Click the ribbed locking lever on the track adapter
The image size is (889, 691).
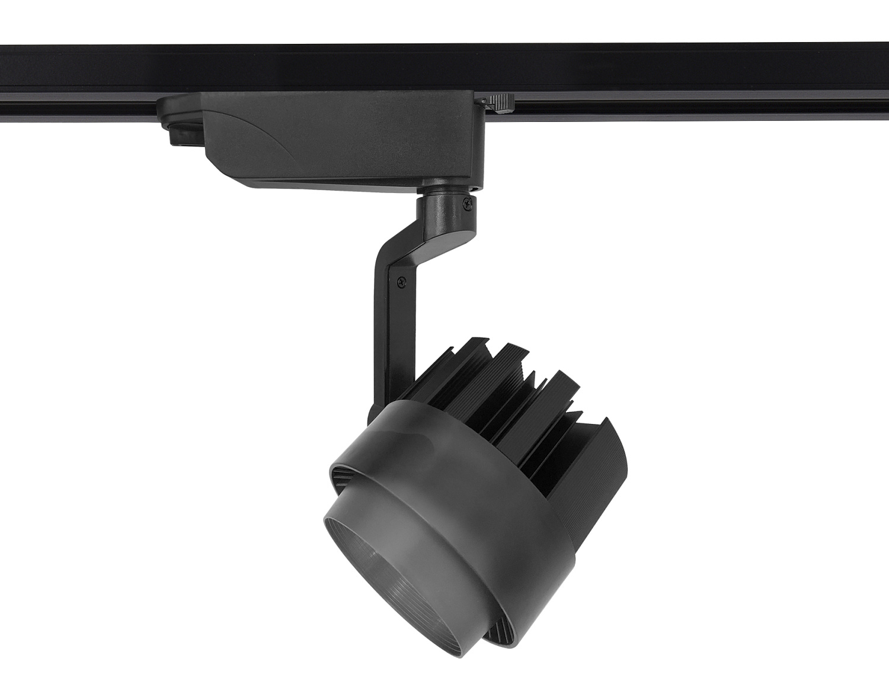[501, 102]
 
